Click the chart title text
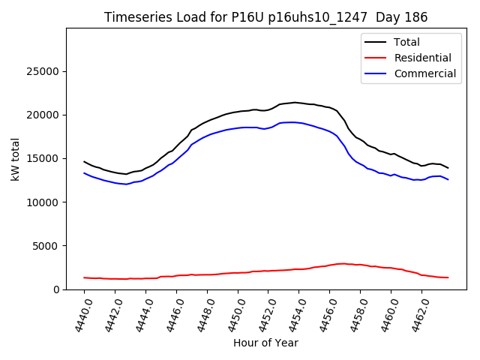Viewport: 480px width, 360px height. click(x=266, y=17)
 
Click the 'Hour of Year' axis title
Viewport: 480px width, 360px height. click(x=265, y=343)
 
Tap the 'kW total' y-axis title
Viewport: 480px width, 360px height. click(x=15, y=159)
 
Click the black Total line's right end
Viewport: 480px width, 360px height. click(x=448, y=167)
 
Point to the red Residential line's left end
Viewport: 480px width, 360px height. click(x=85, y=277)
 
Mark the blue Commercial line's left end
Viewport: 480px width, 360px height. click(x=85, y=173)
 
